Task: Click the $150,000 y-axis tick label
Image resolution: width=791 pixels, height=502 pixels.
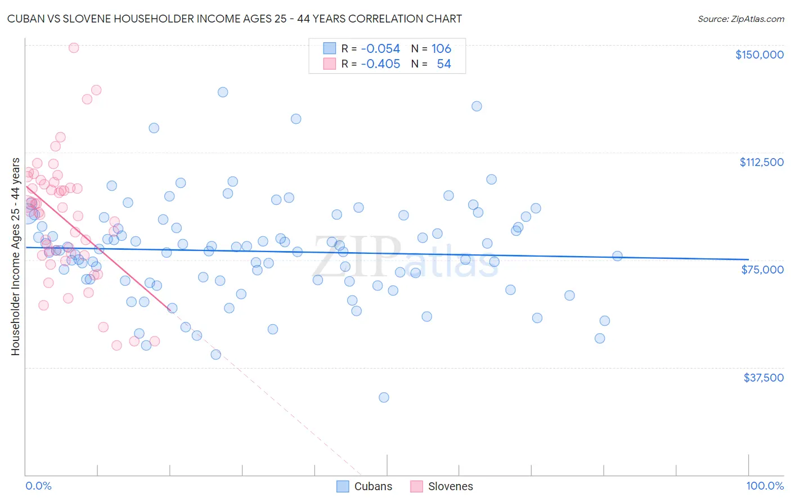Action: pyautogui.click(x=759, y=55)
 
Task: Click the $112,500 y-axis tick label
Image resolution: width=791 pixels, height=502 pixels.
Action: pyautogui.click(x=761, y=162)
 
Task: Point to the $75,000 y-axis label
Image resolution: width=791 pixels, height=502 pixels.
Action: pyautogui.click(x=762, y=270)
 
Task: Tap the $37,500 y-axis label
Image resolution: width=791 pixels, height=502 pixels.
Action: pyautogui.click(x=763, y=378)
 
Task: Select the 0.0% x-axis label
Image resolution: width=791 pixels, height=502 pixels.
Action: pyautogui.click(x=38, y=486)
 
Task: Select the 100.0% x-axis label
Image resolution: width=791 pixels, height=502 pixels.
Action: pyautogui.click(x=765, y=486)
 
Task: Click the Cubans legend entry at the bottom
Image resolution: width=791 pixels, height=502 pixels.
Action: pyautogui.click(x=365, y=486)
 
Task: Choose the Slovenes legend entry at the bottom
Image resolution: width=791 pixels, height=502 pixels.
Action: pyautogui.click(x=442, y=486)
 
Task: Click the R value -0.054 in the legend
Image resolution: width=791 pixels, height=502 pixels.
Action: pyautogui.click(x=380, y=49)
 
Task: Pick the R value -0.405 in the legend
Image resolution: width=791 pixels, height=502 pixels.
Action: pyautogui.click(x=380, y=64)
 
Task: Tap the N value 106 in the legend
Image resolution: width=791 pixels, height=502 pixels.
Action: pyautogui.click(x=441, y=49)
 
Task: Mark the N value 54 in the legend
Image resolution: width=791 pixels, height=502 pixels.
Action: pyautogui.click(x=444, y=64)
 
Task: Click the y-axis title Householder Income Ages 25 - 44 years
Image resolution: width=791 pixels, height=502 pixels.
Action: pyautogui.click(x=15, y=257)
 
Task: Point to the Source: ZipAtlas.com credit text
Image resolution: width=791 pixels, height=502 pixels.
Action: pyautogui.click(x=740, y=19)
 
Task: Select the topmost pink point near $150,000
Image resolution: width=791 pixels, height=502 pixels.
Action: pyautogui.click(x=74, y=48)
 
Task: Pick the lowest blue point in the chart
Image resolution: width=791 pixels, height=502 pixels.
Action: pyautogui.click(x=384, y=397)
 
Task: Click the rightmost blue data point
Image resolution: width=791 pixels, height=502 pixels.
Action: pyautogui.click(x=617, y=256)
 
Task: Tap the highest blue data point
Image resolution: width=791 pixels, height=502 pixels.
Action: pyautogui.click(x=223, y=92)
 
